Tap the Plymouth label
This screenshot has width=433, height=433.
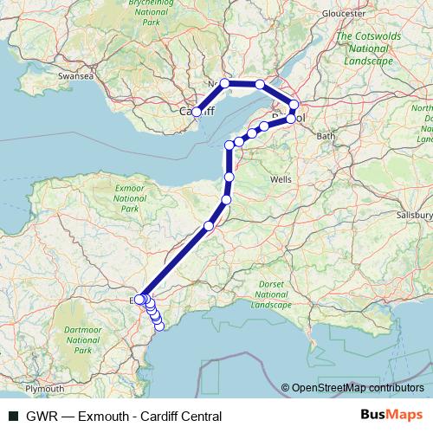pos(45,389)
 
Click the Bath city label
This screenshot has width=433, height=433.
pos(326,136)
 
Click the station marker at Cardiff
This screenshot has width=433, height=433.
pos(197,112)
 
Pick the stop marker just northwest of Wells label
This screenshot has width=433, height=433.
pos(229,177)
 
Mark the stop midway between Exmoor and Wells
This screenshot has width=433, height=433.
pos(209,226)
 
